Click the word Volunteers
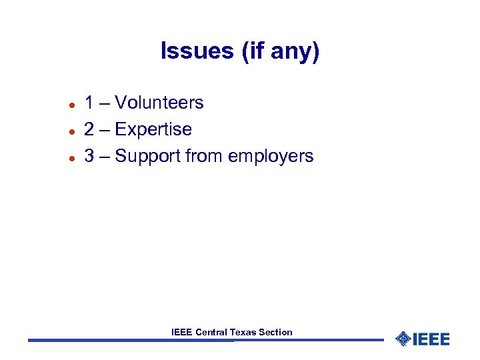(159, 103)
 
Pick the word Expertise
(153, 129)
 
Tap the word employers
(271, 157)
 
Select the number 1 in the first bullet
(89, 103)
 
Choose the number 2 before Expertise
(89, 129)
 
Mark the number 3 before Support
(89, 156)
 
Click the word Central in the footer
(211, 332)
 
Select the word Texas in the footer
(243, 332)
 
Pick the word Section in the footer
(275, 332)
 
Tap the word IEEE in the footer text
(182, 332)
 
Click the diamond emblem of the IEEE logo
(403, 339)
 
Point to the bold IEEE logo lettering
(431, 339)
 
